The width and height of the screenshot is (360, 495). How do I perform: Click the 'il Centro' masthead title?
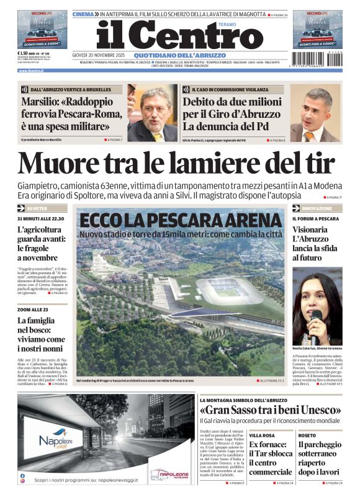tap(171, 36)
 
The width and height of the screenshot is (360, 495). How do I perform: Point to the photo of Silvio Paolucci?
tap(315, 115)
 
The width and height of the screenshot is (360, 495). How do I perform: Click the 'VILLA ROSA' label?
tap(263, 435)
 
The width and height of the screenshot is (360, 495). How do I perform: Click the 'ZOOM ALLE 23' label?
tap(33, 309)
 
